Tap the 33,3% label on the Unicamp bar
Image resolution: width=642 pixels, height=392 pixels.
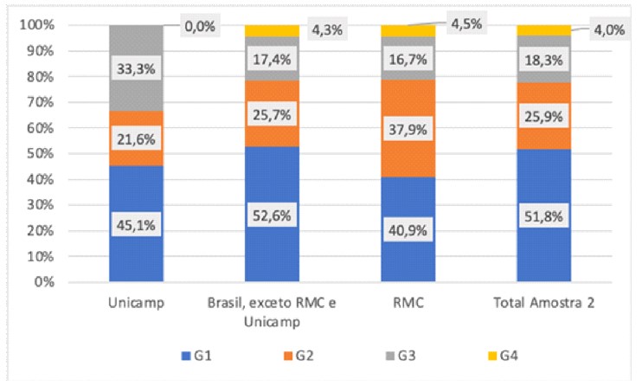tap(136, 65)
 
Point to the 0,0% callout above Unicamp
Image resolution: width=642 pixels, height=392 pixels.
tap(200, 27)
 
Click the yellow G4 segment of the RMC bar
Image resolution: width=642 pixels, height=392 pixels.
tap(408, 30)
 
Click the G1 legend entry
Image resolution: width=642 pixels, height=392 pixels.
tap(194, 356)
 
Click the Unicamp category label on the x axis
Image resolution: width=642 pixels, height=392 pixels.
tap(136, 304)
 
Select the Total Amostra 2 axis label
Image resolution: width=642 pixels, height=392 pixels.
tap(543, 304)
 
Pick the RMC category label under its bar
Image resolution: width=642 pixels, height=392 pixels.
tap(408, 304)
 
